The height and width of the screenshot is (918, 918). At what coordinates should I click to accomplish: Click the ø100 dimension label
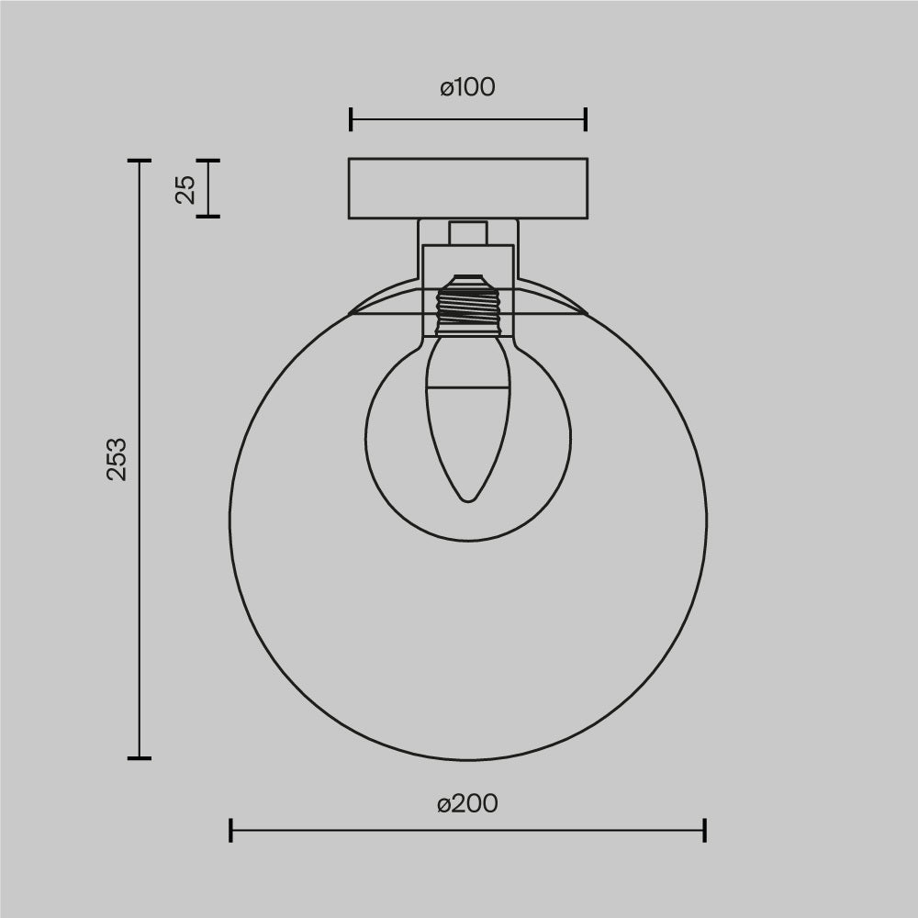pos(467,87)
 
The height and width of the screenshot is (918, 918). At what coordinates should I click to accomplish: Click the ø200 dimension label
pos(467,803)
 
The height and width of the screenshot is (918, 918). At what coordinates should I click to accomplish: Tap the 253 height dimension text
pos(118,459)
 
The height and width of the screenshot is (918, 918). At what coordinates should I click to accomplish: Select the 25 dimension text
pos(186,189)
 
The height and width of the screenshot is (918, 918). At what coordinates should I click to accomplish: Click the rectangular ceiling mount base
pos(467,189)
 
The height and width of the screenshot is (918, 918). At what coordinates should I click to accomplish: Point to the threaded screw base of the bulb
pos(468,307)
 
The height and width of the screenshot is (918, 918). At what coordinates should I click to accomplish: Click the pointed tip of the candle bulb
pos(468,499)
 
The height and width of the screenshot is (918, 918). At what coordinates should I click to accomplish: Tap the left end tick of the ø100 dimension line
pos(351,119)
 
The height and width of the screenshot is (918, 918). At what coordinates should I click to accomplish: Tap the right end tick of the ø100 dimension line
pos(586,119)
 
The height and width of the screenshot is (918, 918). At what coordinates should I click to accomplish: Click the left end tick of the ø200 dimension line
pos(230,831)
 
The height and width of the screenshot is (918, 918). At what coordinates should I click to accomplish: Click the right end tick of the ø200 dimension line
pos(704,831)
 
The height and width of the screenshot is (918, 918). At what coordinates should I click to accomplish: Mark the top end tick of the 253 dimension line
pos(139,161)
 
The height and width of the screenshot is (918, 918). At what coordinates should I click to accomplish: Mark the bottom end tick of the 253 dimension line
pos(139,758)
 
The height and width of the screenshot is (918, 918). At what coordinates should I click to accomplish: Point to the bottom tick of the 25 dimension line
pos(208,217)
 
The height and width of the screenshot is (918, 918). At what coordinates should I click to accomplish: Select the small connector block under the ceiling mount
pos(468,232)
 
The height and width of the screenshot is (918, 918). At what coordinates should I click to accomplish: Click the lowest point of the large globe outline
pos(468,760)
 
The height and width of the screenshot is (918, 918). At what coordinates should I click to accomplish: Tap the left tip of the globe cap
pos(350,314)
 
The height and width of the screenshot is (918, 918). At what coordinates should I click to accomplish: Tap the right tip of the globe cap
pos(587,314)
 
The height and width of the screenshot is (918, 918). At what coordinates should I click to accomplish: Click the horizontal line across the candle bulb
pos(468,387)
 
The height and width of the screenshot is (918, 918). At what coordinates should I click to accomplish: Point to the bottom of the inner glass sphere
pos(468,542)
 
